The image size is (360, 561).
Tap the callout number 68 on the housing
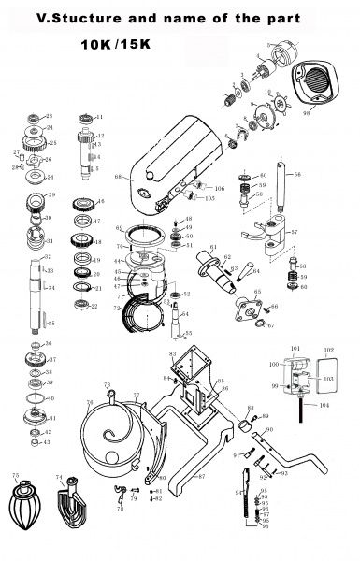pyautogui.click(x=116, y=175)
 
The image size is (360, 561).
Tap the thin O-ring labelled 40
pyautogui.click(x=36, y=399)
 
